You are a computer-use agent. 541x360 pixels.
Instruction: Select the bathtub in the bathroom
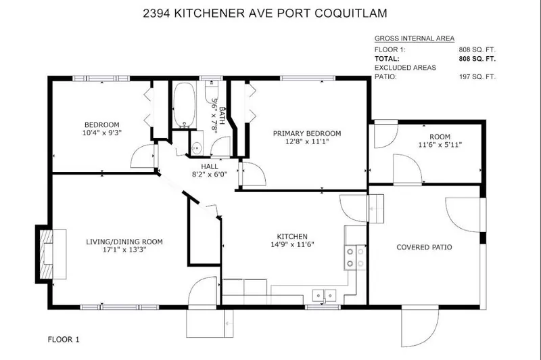tap(182, 106)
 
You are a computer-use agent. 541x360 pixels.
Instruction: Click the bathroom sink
tap(196, 147)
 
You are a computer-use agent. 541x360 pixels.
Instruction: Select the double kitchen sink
tap(324, 294)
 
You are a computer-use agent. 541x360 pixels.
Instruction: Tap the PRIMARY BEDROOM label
tap(306, 133)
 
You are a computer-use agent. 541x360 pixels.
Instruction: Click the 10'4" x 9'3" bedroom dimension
tap(101, 133)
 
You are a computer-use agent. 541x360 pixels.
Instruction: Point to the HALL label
tap(209, 166)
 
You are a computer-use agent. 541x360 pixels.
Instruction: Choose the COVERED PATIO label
tap(424, 247)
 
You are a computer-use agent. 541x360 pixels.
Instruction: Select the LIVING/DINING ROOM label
tap(124, 242)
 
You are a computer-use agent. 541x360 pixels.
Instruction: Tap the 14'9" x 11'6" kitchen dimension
tap(292, 245)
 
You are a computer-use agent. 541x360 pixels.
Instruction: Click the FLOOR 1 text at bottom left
tap(64, 338)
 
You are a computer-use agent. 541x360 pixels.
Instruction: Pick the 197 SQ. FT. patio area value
tap(478, 76)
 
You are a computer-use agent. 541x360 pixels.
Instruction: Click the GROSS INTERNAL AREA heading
tap(414, 39)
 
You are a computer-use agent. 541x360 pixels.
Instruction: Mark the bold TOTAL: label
tap(387, 59)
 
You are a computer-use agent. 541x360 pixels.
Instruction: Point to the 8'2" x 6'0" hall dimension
tap(209, 174)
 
